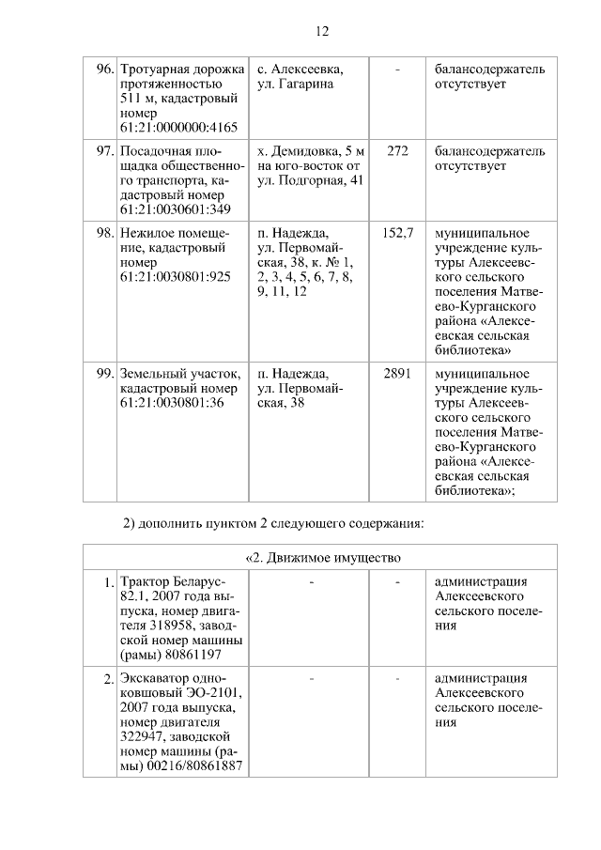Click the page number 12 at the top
coord(321,31)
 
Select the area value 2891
coord(397,374)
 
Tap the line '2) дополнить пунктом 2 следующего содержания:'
coord(274,522)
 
